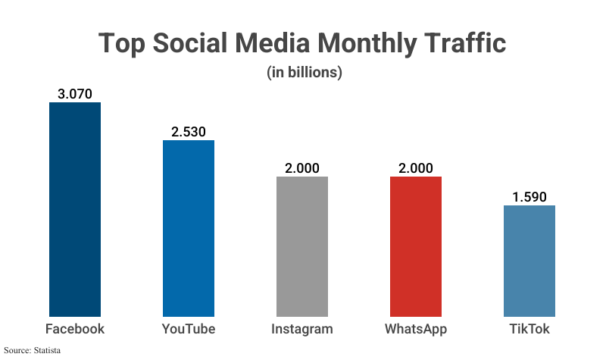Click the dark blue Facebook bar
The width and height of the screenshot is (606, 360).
[75, 209]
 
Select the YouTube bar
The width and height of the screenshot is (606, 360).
[189, 228]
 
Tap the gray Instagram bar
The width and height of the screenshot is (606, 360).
[302, 246]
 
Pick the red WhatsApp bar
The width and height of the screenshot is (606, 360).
[416, 246]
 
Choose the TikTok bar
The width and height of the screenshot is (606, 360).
[529, 261]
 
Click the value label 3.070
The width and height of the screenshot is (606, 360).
[75, 94]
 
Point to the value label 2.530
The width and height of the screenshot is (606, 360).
[189, 132]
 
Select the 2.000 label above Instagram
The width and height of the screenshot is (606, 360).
[302, 168]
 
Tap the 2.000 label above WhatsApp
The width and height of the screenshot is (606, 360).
[416, 168]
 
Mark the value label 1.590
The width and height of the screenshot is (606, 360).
[529, 197]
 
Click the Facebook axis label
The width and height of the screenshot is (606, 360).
[75, 329]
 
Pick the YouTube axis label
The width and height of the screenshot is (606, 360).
[189, 329]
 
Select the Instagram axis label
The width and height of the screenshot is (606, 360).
[302, 330]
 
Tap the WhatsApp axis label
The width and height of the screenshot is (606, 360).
[416, 330]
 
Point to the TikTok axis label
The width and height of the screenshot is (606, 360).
[529, 329]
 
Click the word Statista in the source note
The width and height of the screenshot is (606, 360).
[46, 350]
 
